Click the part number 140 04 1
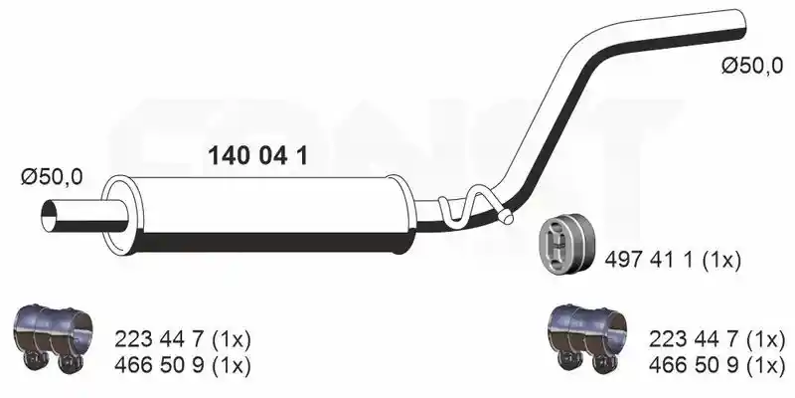coord(257,156)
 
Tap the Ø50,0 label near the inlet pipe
coord(52,177)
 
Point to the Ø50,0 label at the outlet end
coord(752,66)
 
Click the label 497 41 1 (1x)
coord(673,261)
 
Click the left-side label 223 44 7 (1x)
coord(183,339)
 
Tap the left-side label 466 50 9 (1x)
coord(183,365)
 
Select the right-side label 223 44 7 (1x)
coord(716,339)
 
